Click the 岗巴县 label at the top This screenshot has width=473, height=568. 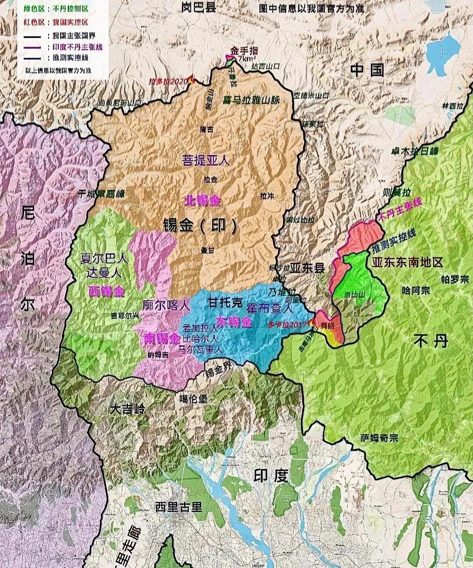199,7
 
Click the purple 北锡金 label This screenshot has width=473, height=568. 203,201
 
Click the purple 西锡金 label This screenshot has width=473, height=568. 107,291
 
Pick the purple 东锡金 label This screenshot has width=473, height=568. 235,322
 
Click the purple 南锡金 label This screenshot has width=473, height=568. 162,338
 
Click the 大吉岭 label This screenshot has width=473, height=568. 127,410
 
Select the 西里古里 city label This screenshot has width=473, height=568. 179,507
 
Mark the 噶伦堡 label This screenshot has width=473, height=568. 194,399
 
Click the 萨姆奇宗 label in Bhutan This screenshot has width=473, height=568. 379,438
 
